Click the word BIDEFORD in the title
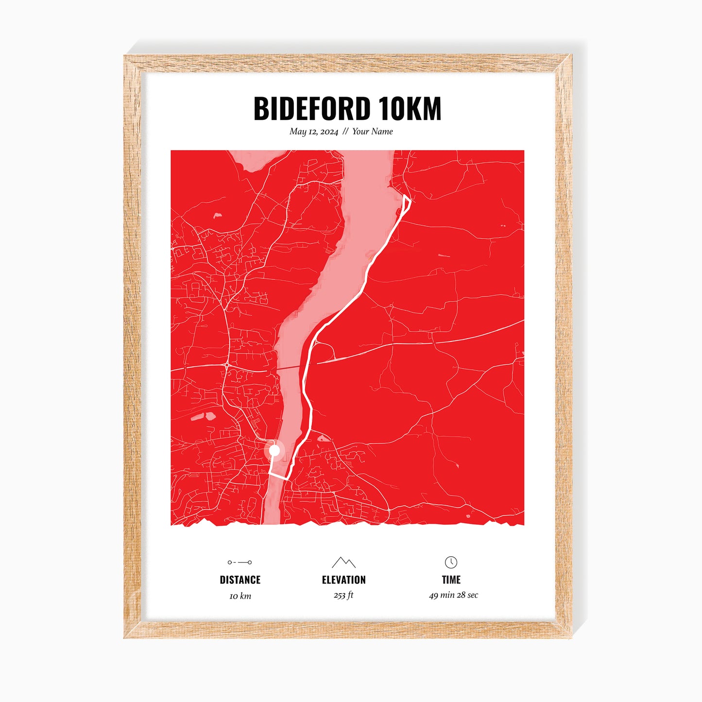point(312,109)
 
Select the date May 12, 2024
point(314,132)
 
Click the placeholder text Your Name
point(372,132)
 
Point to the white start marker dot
point(274,450)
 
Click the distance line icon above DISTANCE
point(240,562)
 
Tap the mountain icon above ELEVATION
point(343,562)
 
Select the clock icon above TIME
point(451,562)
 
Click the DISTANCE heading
point(240,580)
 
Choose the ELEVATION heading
point(343,580)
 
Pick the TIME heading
point(451,580)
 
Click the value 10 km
point(240,596)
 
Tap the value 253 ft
point(343,595)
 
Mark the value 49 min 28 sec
point(453,595)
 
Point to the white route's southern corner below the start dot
point(287,479)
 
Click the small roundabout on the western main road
point(227,364)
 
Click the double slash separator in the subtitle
point(345,132)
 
